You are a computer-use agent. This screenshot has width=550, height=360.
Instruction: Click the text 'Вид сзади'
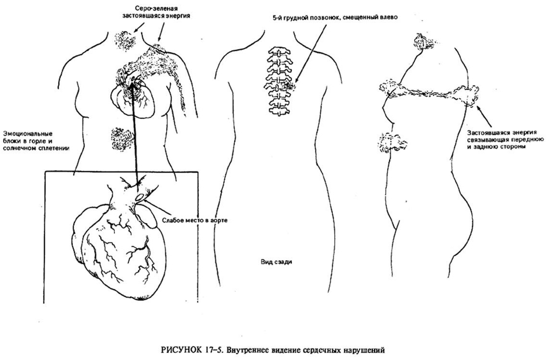click(276, 262)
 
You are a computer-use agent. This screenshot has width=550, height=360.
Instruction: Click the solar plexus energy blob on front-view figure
click(122, 138)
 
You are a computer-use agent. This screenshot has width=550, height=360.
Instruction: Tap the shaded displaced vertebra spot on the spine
click(289, 84)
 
